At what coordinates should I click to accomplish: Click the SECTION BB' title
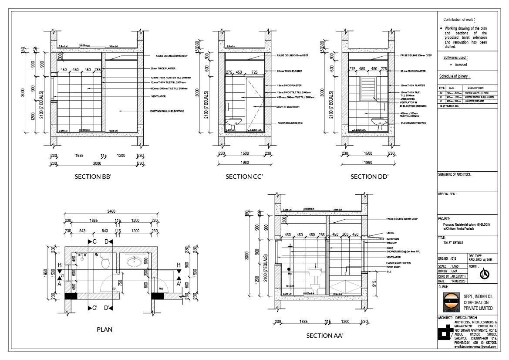click(93, 177)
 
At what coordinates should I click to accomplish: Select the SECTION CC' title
click(244, 177)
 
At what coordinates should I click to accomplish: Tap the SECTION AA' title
click(325, 336)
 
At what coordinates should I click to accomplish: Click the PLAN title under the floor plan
click(104, 329)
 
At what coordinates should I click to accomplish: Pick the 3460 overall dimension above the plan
click(111, 212)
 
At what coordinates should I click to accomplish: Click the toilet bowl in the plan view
click(104, 263)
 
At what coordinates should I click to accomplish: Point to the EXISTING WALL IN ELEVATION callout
click(167, 111)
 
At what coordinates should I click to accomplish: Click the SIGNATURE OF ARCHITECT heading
click(454, 174)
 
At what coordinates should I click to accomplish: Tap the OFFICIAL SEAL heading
click(447, 194)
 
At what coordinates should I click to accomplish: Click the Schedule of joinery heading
click(455, 76)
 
